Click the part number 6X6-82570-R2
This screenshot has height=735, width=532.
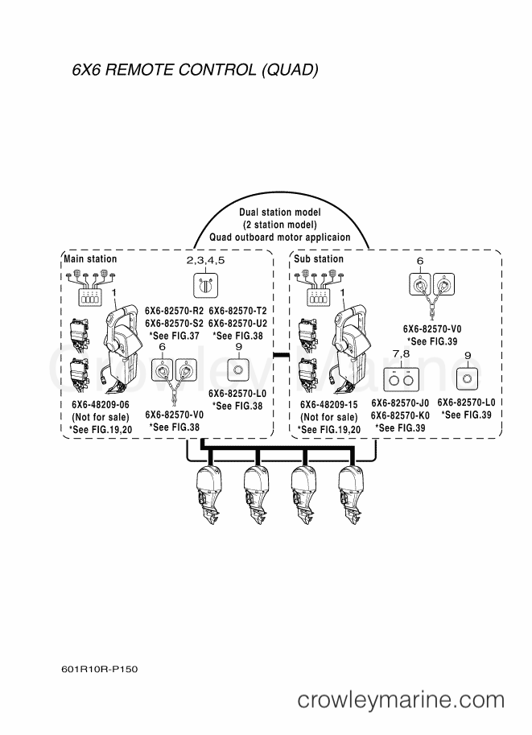point(175,311)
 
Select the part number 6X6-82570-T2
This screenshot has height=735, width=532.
point(237,311)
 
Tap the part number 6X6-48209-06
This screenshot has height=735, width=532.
point(101,404)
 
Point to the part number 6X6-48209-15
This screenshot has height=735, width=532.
point(329,404)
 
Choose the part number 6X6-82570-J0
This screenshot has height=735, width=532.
point(400,403)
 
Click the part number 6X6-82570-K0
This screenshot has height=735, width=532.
point(400,415)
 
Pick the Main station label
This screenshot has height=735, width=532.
point(90,258)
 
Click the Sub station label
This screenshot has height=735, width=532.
point(319,258)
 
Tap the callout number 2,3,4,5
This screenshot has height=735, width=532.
point(206,261)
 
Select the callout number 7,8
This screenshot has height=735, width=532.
point(402,354)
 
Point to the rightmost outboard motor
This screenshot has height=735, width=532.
point(351,495)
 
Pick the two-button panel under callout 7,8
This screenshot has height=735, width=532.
point(402,380)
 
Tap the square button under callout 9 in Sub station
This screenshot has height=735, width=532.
point(467,378)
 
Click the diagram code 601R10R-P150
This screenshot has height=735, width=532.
point(100,669)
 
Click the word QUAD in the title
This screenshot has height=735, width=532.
point(290,69)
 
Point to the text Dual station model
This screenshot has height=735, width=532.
point(280,213)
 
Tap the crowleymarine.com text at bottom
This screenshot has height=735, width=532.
point(401,700)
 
